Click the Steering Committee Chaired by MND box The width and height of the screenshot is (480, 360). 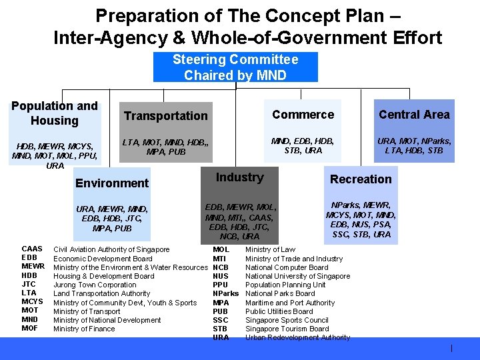point(235,67)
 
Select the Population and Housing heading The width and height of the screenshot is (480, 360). point(55,113)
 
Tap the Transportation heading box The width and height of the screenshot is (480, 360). point(165,116)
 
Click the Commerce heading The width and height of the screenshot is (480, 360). point(303,115)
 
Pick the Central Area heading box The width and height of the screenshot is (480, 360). point(414,115)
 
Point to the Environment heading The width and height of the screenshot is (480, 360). point(112,183)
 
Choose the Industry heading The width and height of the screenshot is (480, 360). point(239,177)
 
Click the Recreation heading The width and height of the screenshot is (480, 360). point(361,179)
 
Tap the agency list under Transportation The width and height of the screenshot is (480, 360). point(165,147)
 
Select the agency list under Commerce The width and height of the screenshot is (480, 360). point(303,145)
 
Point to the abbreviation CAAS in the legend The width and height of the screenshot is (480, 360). point(33,249)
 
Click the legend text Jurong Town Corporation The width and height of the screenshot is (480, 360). point(95,285)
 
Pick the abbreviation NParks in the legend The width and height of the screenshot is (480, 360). point(225,293)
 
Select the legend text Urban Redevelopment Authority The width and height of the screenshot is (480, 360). point(297,337)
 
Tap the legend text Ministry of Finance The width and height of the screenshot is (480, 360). point(84,329)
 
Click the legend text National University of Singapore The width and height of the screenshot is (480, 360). point(297,276)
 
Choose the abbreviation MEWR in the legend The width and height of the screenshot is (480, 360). point(33,267)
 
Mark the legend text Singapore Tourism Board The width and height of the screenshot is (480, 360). point(287,329)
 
